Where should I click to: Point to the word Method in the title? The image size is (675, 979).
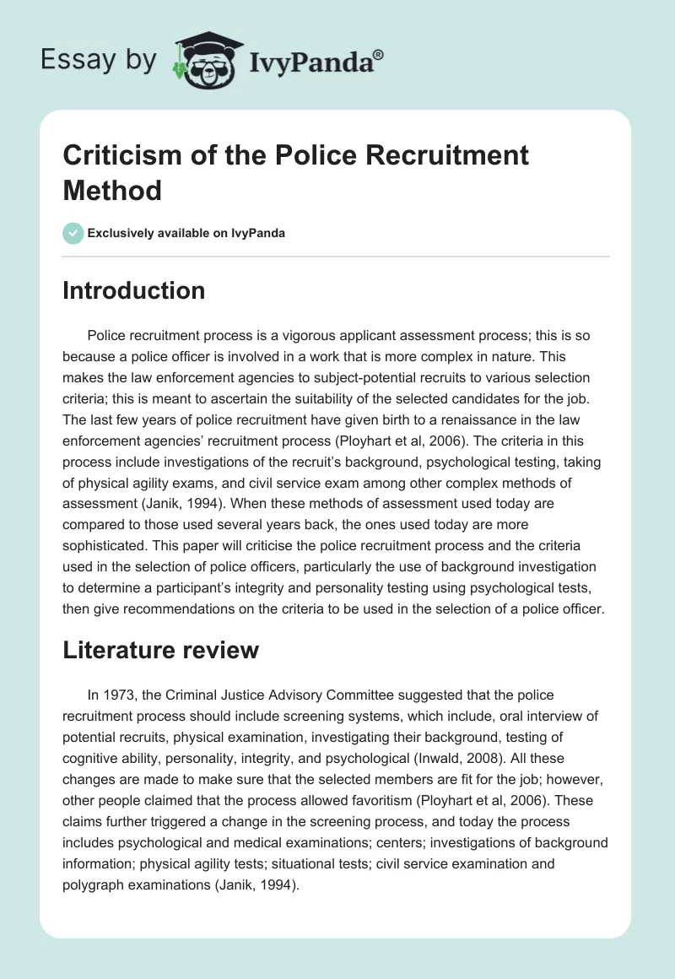(112, 190)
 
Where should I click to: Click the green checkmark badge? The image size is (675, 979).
(73, 233)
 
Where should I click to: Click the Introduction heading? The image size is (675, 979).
(134, 290)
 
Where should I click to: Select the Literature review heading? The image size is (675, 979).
(161, 650)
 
